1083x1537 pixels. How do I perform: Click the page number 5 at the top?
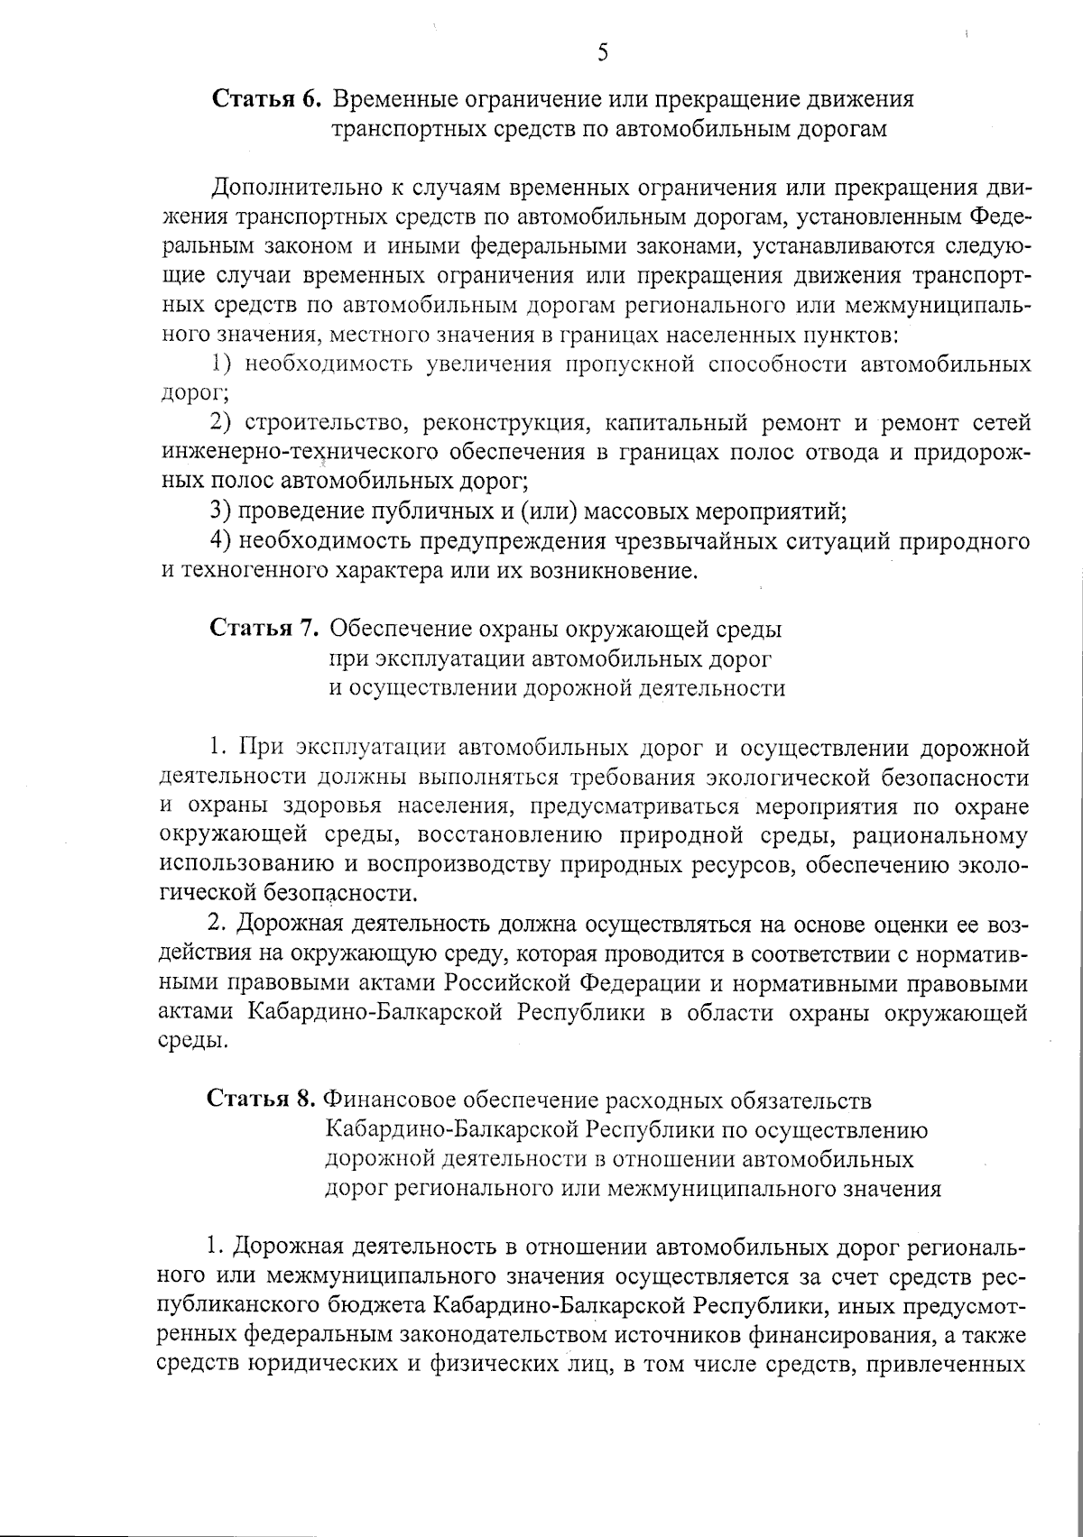[x=603, y=53]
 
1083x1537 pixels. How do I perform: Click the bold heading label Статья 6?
[x=266, y=98]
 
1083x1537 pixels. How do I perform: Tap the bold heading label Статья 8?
[x=262, y=1100]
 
